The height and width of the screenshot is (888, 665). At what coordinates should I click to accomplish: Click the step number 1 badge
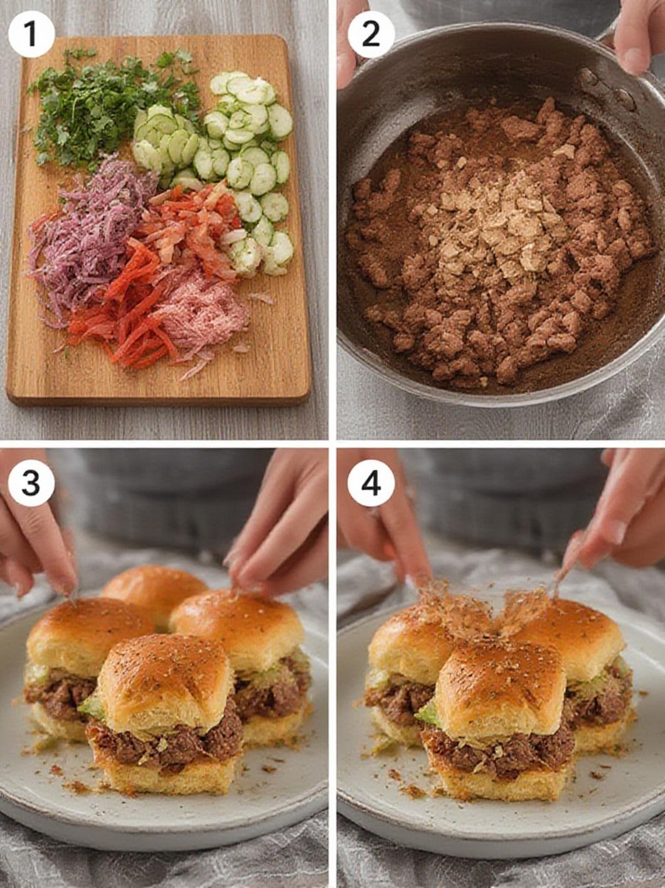31,34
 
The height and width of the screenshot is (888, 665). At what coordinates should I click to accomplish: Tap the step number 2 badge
371,34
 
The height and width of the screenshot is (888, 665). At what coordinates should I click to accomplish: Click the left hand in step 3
35,540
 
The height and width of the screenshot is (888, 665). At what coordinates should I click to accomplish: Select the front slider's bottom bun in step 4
496,782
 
